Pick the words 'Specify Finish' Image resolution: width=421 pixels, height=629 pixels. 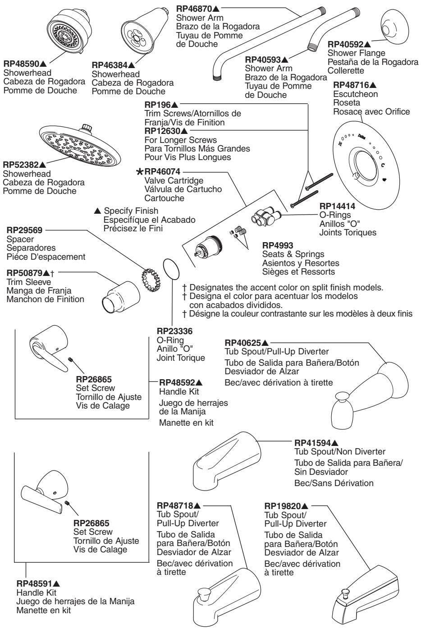click(x=131, y=211)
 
